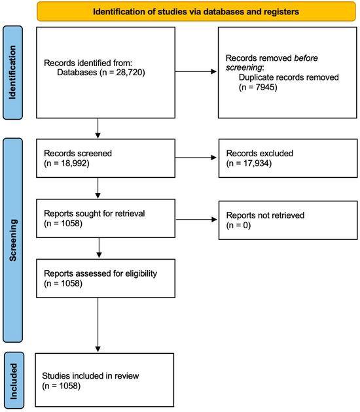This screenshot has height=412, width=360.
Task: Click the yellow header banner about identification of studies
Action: tap(189, 12)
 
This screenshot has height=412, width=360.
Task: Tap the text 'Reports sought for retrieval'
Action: tap(94, 213)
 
